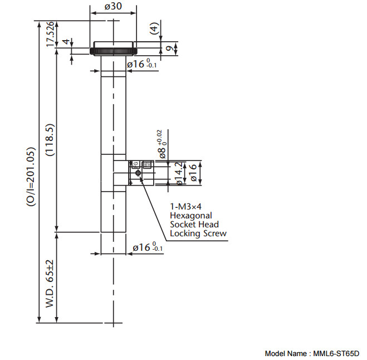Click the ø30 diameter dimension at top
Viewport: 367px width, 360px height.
point(113,7)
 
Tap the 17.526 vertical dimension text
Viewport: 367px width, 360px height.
point(50,34)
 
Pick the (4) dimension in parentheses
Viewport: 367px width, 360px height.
point(154,28)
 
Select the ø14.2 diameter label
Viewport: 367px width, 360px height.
point(178,173)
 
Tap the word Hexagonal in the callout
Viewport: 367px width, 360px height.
point(191,215)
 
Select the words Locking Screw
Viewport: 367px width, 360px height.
point(198,233)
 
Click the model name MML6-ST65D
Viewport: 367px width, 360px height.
point(335,353)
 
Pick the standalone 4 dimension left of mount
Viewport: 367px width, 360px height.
point(65,43)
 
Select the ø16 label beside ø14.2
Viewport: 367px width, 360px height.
point(193,173)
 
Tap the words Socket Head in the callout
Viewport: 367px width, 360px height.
point(194,224)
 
